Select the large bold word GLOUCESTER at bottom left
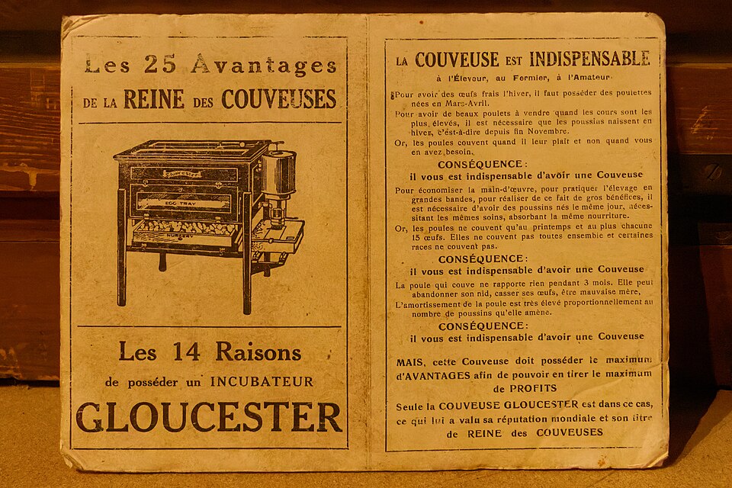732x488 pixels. pos(208,417)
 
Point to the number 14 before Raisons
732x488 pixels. pos(186,352)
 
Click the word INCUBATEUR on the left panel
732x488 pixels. pos(262,381)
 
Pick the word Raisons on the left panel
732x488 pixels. pos(258,352)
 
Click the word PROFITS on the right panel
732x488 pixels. pos(523,388)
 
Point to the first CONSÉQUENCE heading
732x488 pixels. pos(481,164)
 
